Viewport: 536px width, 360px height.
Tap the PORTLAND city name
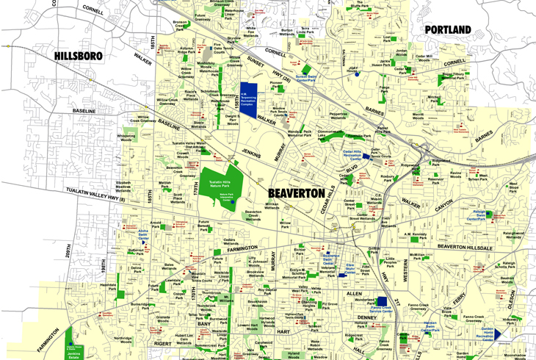(x=448, y=29)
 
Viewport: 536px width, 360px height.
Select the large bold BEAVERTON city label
(x=291, y=192)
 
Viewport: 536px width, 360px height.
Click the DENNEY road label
(x=365, y=319)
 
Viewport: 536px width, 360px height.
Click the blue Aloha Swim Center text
(x=144, y=234)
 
